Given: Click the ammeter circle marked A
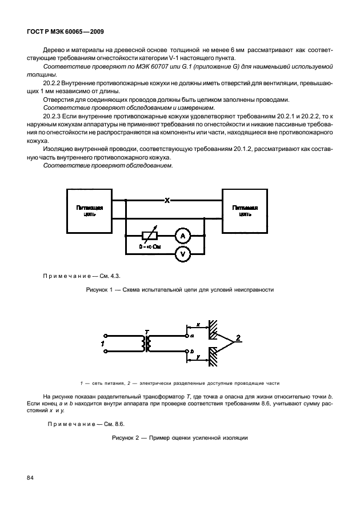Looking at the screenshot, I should (x=182, y=235).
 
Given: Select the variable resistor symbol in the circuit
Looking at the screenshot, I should (x=149, y=235).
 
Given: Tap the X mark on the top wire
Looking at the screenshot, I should (x=167, y=201).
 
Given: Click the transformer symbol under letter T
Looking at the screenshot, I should (x=147, y=343).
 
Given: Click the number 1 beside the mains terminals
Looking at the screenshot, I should (x=102, y=343).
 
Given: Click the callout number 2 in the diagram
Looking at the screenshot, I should (x=238, y=337).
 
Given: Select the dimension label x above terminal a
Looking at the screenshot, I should (x=198, y=324).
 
